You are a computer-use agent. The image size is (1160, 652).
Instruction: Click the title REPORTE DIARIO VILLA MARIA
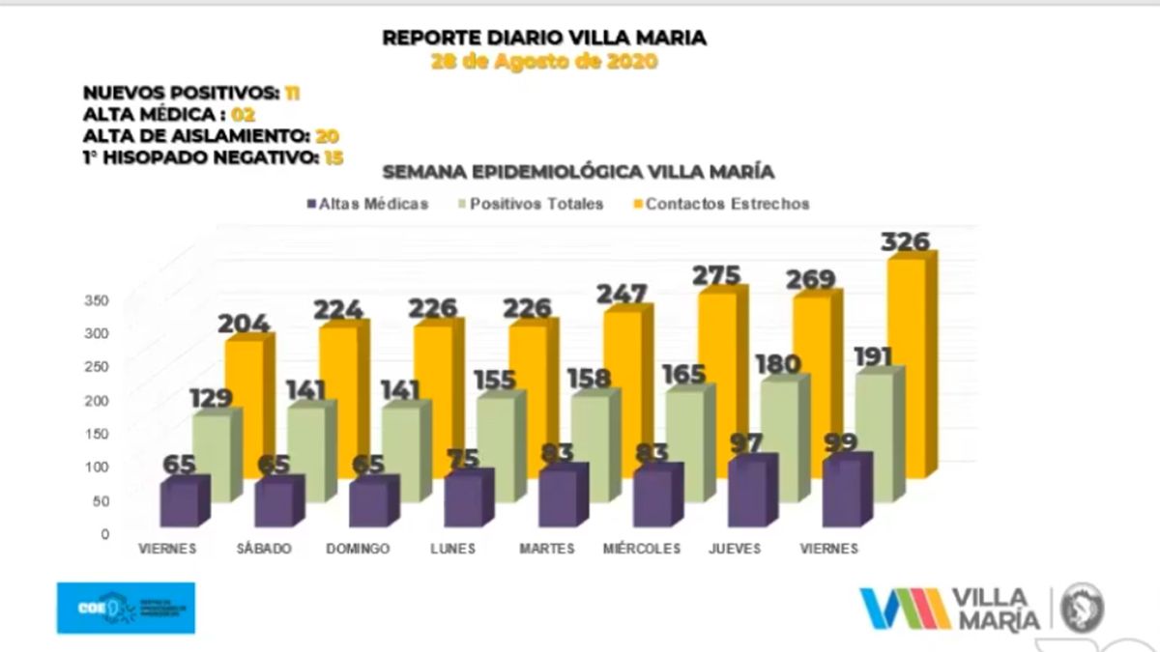point(544,39)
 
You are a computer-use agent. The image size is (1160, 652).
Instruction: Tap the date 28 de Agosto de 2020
point(544,63)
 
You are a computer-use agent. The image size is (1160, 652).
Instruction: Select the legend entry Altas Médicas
point(367,204)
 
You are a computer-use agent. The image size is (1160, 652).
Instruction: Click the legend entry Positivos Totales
point(536,204)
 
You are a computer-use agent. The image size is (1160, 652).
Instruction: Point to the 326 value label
point(905,241)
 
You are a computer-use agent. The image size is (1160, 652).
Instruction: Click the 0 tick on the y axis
point(104,533)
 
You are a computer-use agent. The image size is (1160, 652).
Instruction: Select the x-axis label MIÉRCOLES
point(642,549)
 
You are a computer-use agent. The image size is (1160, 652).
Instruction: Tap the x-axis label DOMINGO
point(358,549)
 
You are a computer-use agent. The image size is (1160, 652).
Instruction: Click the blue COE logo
point(126,608)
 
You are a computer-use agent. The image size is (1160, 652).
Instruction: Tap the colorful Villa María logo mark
point(904,609)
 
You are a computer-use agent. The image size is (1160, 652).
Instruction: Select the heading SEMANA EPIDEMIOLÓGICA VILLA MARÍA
point(579,172)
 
